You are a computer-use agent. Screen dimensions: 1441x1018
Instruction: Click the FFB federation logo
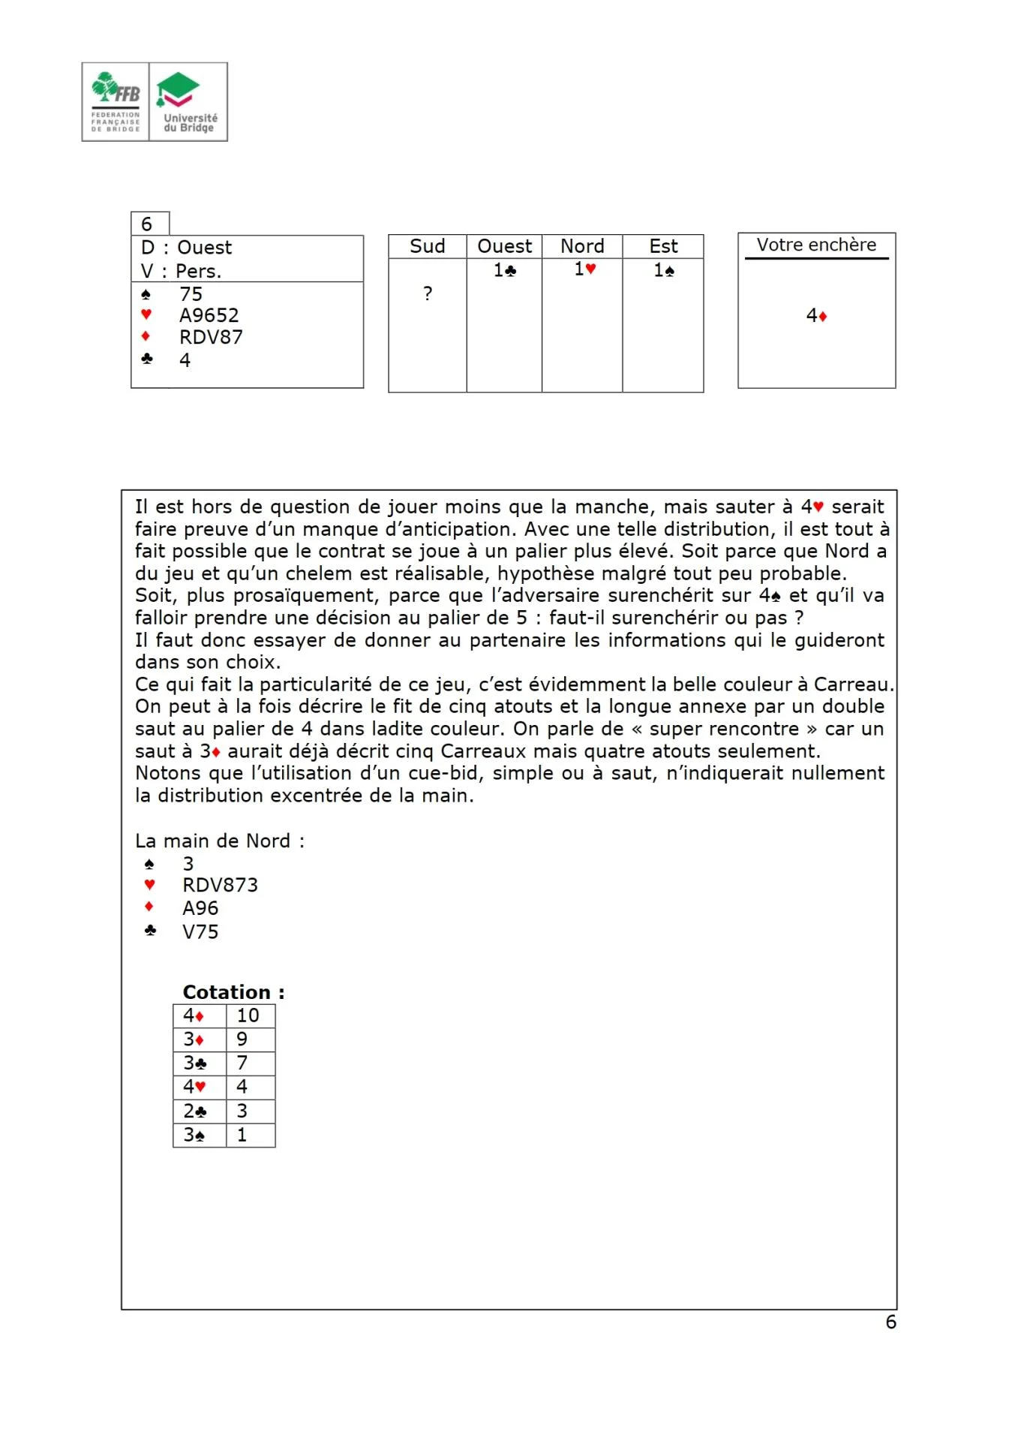pyautogui.click(x=116, y=102)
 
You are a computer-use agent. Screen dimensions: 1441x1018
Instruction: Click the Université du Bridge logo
pyautogui.click(x=188, y=102)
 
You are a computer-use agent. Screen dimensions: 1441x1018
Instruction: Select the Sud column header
pyautogui.click(x=427, y=246)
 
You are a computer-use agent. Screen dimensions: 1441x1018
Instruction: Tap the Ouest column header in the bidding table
pyautogui.click(x=504, y=246)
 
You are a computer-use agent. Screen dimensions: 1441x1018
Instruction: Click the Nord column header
pyautogui.click(x=582, y=246)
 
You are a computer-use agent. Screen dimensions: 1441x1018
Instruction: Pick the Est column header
pyautogui.click(x=663, y=246)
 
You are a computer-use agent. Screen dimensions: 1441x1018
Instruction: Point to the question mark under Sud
pyautogui.click(x=428, y=293)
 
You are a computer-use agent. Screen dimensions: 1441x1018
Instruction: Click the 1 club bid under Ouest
pyautogui.click(x=504, y=270)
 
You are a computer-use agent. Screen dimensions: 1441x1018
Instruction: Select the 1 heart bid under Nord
pyautogui.click(x=584, y=269)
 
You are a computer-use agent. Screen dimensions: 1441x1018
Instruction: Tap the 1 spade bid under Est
pyautogui.click(x=663, y=270)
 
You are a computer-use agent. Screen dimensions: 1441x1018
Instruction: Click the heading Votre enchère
pyautogui.click(x=816, y=245)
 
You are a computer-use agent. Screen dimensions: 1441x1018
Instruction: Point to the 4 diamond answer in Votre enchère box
pyautogui.click(x=816, y=316)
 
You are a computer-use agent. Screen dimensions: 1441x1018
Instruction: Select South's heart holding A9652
pyautogui.click(x=209, y=315)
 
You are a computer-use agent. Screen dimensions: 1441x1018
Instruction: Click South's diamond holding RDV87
pyautogui.click(x=211, y=337)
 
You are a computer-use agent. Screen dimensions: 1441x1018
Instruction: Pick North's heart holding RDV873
pyautogui.click(x=220, y=885)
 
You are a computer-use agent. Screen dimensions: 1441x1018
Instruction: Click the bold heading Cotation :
pyautogui.click(x=233, y=991)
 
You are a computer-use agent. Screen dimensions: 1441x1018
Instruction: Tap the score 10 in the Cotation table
pyautogui.click(x=248, y=1015)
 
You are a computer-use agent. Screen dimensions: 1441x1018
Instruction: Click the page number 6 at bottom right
pyautogui.click(x=890, y=1322)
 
